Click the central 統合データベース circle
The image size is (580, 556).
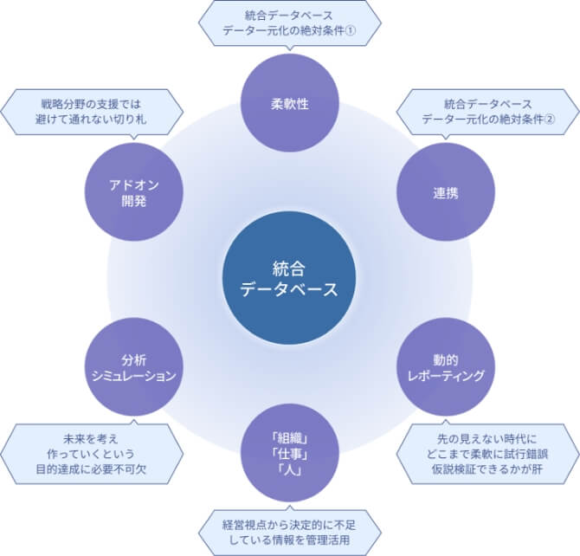[289, 279]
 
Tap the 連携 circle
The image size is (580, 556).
[445, 192]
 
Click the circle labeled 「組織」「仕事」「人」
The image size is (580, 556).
[289, 454]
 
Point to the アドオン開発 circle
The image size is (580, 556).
[134, 192]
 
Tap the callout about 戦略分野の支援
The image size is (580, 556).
[92, 111]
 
